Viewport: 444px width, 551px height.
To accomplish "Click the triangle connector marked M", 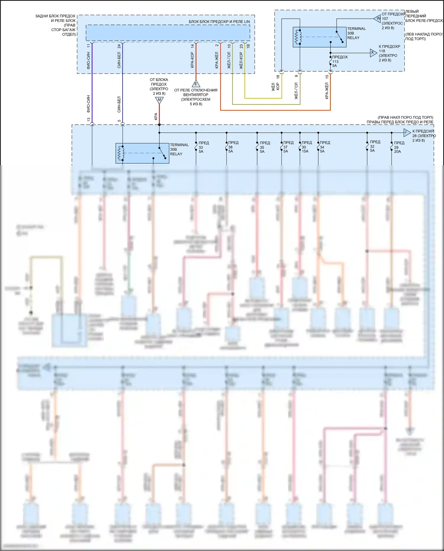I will point(159,100).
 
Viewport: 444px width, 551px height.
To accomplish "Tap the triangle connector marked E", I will point(196,84).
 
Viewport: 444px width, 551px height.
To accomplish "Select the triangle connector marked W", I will point(377,19).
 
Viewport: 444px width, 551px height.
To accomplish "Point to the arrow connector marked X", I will point(373,53).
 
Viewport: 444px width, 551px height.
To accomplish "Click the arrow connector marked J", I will point(406,132).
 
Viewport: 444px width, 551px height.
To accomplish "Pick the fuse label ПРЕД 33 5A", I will point(203,147).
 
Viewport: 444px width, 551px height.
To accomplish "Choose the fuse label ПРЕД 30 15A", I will point(306,147).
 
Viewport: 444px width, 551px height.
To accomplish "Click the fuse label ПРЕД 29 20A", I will point(398,147).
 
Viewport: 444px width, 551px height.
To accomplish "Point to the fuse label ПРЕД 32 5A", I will point(374,146).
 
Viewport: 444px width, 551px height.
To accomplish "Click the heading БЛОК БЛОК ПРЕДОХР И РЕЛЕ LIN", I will point(219,22).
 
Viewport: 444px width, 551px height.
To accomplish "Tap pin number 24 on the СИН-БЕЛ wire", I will point(119,46).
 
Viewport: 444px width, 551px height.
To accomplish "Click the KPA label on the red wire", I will point(156,116).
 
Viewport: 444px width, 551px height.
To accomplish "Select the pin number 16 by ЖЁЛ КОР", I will point(278,77).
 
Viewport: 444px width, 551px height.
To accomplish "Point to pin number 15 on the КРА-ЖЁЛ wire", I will point(327,77).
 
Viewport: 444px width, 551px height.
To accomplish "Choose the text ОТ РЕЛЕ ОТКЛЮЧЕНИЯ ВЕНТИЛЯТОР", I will point(196,92).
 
